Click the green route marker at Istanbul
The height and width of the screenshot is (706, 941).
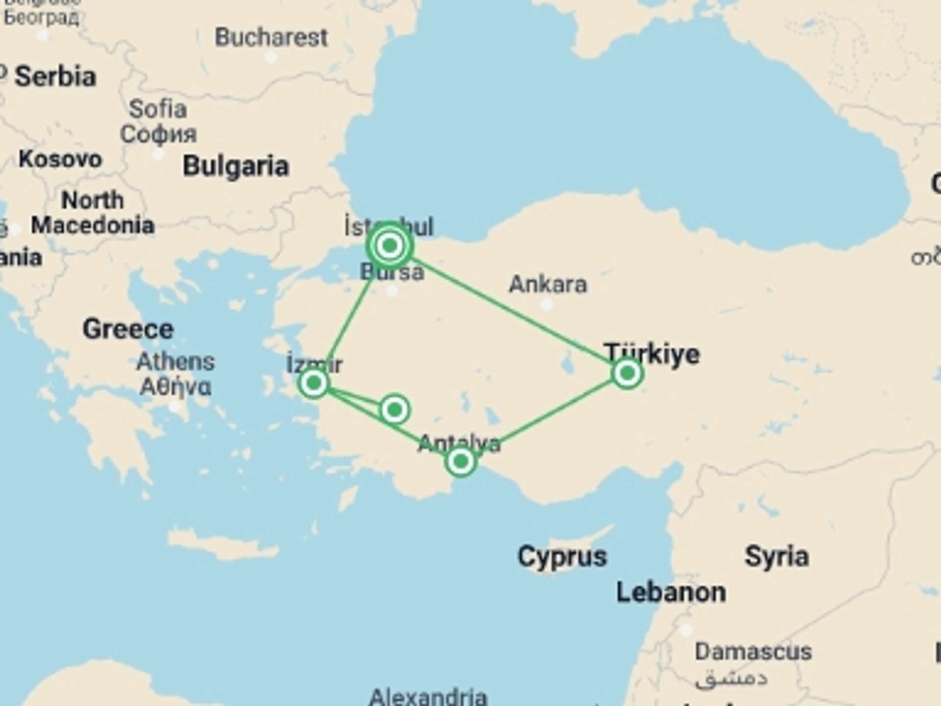pyautogui.click(x=390, y=245)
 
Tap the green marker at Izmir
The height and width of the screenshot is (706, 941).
pyautogui.click(x=314, y=382)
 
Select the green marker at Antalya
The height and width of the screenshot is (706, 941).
pyautogui.click(x=460, y=461)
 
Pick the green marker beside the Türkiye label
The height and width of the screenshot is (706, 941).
pyautogui.click(x=627, y=374)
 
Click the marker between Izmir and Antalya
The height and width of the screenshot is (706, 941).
pyautogui.click(x=395, y=409)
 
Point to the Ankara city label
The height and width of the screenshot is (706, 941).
pyautogui.click(x=547, y=284)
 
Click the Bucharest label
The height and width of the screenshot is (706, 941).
pyautogui.click(x=271, y=38)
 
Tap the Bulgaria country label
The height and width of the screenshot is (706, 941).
pyautogui.click(x=236, y=166)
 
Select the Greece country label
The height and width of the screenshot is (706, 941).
pyautogui.click(x=128, y=328)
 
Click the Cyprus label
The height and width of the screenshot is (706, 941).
pyautogui.click(x=562, y=556)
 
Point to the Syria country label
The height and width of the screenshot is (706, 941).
pyautogui.click(x=776, y=556)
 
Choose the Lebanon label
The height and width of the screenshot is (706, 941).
pyautogui.click(x=671, y=592)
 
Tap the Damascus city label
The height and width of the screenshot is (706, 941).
pyautogui.click(x=753, y=652)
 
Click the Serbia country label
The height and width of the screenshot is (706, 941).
pyautogui.click(x=55, y=77)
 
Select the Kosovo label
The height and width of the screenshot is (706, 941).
pyautogui.click(x=60, y=159)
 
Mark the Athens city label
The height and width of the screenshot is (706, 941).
pyautogui.click(x=175, y=362)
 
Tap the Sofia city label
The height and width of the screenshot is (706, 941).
pyautogui.click(x=158, y=109)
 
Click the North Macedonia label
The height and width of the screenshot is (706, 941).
pyautogui.click(x=93, y=213)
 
